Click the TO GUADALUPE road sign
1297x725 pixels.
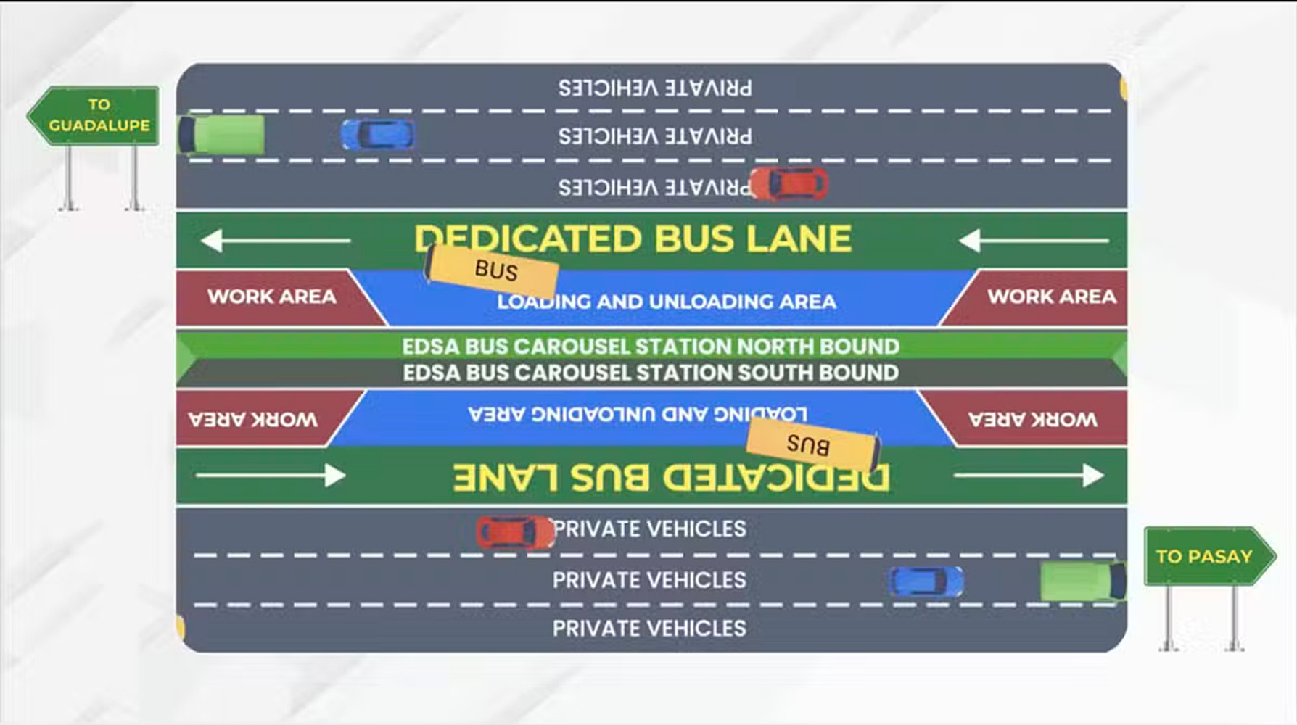pyautogui.click(x=95, y=115)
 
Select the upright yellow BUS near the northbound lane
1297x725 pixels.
pyautogui.click(x=492, y=270)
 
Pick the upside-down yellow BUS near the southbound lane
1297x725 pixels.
pyautogui.click(x=812, y=444)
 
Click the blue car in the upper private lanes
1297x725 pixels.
pyautogui.click(x=378, y=135)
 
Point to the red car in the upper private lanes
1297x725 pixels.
pyautogui.click(x=789, y=183)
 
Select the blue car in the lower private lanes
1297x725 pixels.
pyautogui.click(x=926, y=581)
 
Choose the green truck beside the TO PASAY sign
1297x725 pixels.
pyautogui.click(x=1082, y=581)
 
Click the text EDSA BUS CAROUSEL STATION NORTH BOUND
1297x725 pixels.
pyautogui.click(x=651, y=347)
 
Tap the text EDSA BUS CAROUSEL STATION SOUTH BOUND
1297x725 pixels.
pyautogui.click(x=651, y=373)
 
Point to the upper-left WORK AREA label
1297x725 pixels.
pyautogui.click(x=272, y=297)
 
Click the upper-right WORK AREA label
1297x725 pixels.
pyautogui.click(x=1051, y=297)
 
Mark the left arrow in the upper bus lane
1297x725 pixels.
pyautogui.click(x=275, y=240)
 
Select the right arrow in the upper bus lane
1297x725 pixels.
pyautogui.click(x=1033, y=240)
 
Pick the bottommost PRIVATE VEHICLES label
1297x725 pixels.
pyautogui.click(x=649, y=628)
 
